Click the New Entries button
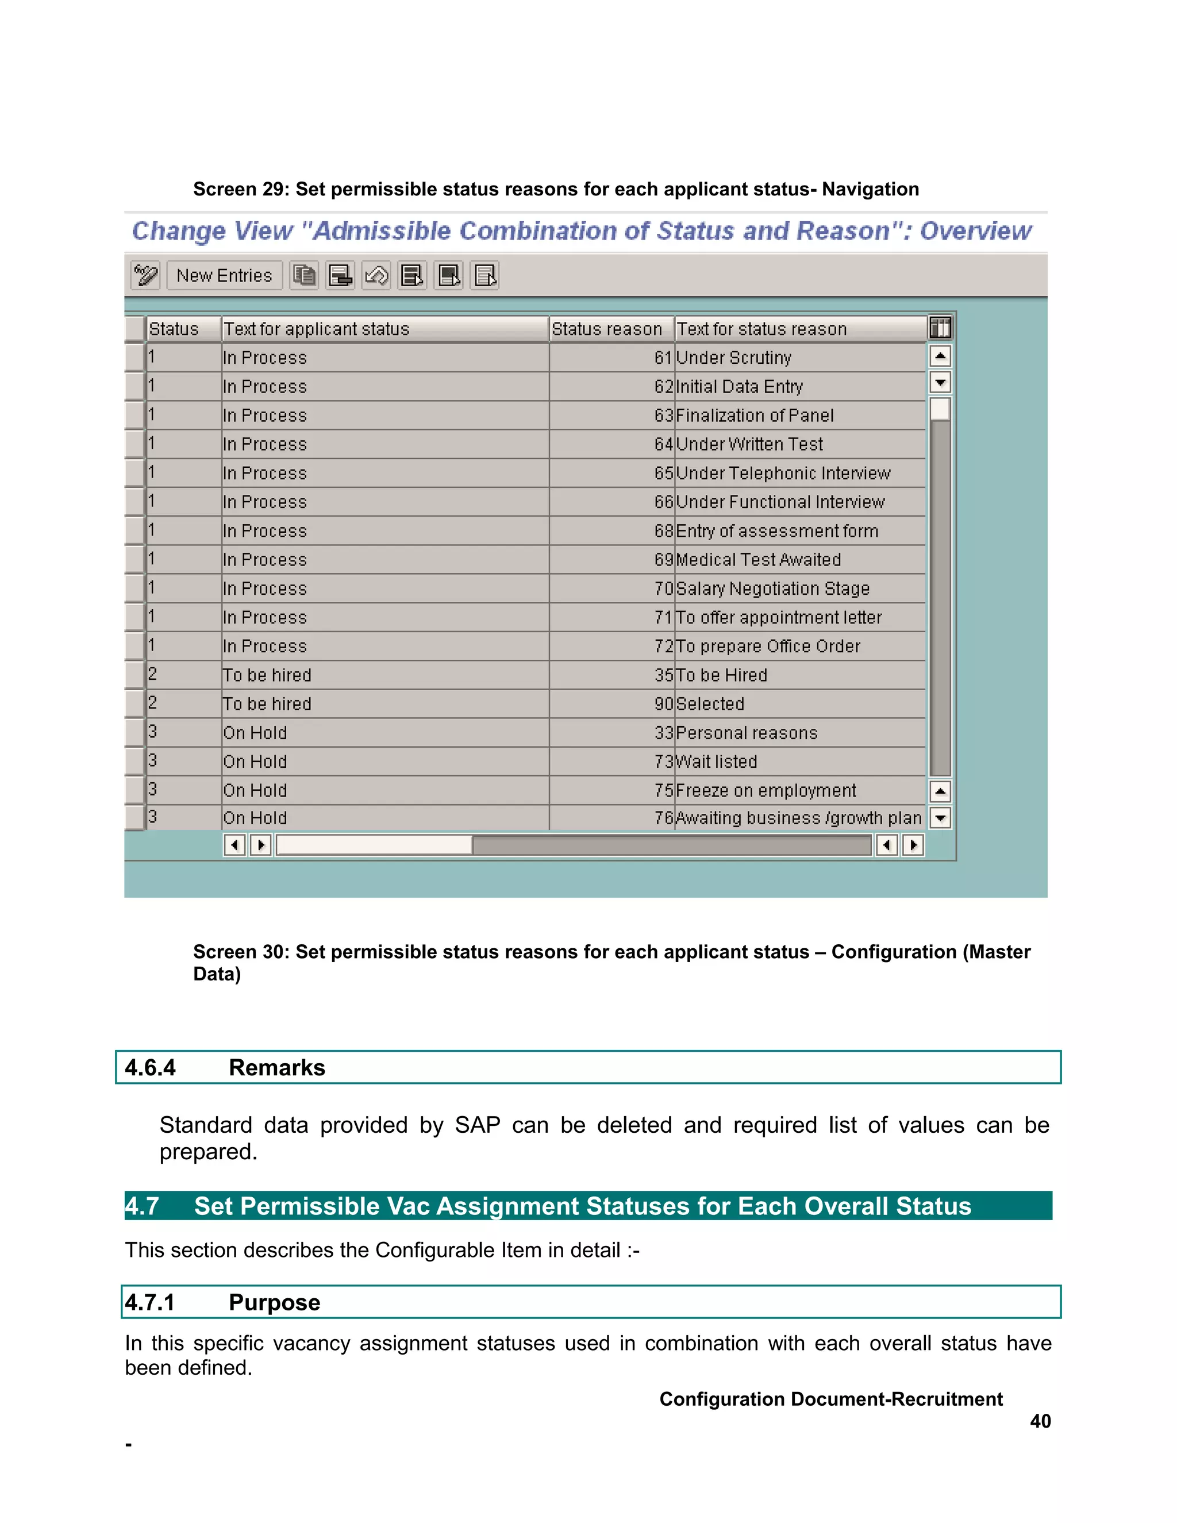click(224, 275)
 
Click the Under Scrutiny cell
click(733, 357)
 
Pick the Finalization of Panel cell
click(755, 416)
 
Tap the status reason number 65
click(663, 474)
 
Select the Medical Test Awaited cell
click(758, 560)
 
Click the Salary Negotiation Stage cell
click(772, 589)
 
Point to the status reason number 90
click(663, 705)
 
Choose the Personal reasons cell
click(746, 733)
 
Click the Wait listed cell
click(716, 761)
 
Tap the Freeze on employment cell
click(766, 791)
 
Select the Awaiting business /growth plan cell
click(798, 818)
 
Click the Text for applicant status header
click(316, 329)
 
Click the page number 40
click(1040, 1421)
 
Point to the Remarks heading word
click(277, 1068)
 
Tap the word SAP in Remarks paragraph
click(478, 1125)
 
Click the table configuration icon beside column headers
click(940, 328)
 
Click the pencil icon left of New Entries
click(146, 275)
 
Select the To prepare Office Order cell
click(768, 647)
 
